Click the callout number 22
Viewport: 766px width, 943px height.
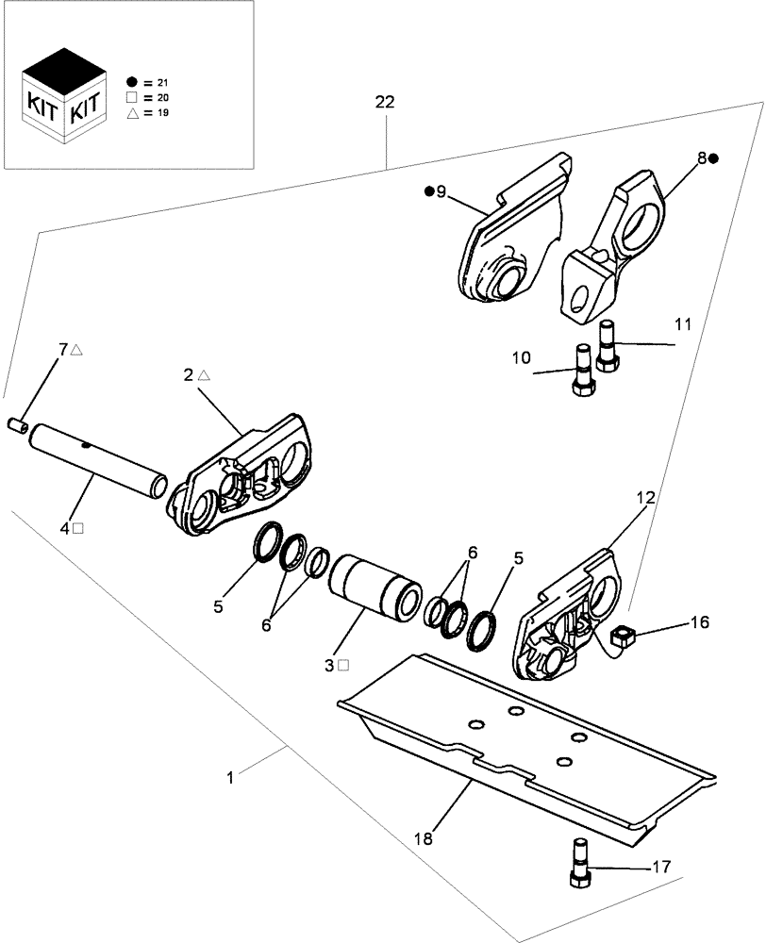[x=385, y=102]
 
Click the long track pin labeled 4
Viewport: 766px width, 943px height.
[x=99, y=461]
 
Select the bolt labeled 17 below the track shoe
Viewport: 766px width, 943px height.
[x=580, y=862]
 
